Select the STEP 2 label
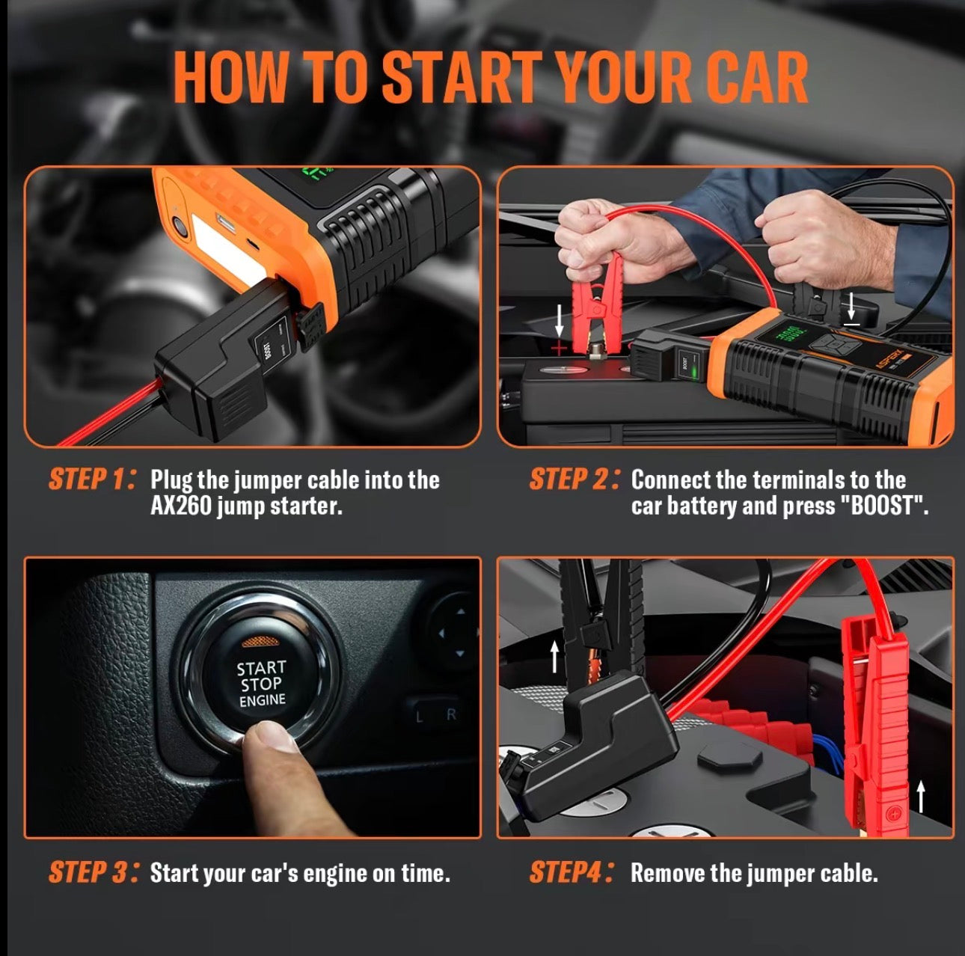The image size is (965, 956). (x=574, y=479)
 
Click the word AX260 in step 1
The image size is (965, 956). (x=181, y=506)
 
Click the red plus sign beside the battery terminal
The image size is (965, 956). (x=559, y=348)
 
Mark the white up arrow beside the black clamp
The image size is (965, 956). (x=554, y=657)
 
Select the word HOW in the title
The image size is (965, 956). (x=231, y=78)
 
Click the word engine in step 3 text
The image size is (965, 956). (x=335, y=874)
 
